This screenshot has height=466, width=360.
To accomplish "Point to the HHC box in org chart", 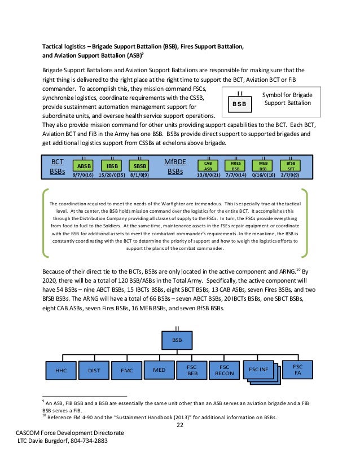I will coord(61,371).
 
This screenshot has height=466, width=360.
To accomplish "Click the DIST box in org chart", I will coord(94,371).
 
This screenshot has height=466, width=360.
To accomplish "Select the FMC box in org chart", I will coord(127,371).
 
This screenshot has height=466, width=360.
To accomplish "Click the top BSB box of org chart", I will coord(177,341).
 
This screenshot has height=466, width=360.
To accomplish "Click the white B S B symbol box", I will coord(240,104).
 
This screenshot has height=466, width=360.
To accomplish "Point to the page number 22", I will coord(180,425).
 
